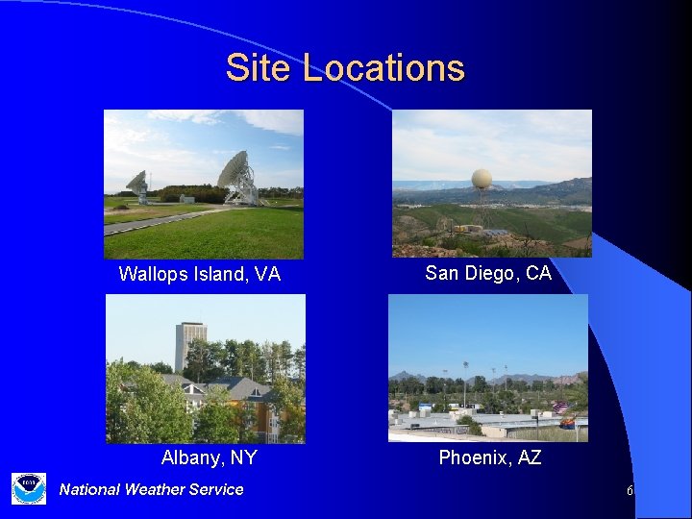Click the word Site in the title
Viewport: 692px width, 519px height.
tap(259, 68)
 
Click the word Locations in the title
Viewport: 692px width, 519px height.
tap(383, 68)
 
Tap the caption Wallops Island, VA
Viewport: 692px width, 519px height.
tap(199, 275)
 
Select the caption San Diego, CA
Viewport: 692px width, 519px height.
tap(488, 273)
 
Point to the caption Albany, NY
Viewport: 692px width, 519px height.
tap(209, 457)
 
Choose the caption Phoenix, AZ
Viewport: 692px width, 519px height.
tap(490, 457)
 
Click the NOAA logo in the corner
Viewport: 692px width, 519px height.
tap(29, 488)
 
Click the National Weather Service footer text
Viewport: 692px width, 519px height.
tap(151, 489)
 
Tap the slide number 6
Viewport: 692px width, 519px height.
tap(630, 491)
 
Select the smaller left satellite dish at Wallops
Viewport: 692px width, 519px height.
tap(137, 184)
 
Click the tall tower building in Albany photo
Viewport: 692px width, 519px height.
tap(190, 346)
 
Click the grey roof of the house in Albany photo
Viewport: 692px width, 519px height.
tap(240, 389)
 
